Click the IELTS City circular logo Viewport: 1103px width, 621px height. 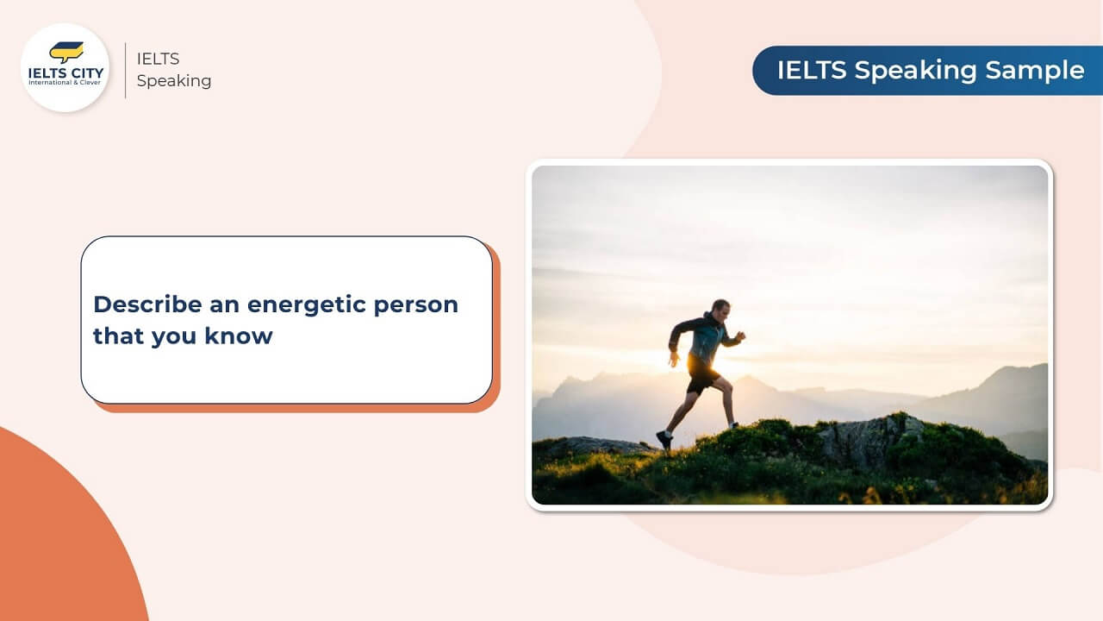pyautogui.click(x=65, y=67)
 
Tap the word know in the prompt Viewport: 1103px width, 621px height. pyautogui.click(x=239, y=336)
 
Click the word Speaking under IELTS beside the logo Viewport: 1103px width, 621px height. pyautogui.click(x=173, y=81)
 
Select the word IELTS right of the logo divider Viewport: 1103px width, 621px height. pyautogui.click(x=158, y=59)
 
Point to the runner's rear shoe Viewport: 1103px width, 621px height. pyautogui.click(x=664, y=439)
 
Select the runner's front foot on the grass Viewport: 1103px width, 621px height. pyautogui.click(x=733, y=424)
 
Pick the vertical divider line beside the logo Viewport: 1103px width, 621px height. pyautogui.click(x=126, y=70)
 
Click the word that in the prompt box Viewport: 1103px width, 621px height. pyautogui.click(x=118, y=336)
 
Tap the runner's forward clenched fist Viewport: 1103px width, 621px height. pyautogui.click(x=740, y=336)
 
